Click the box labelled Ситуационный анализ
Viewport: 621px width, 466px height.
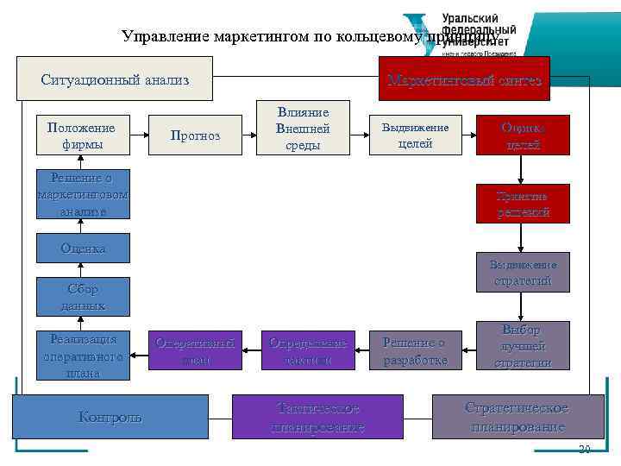point(115,79)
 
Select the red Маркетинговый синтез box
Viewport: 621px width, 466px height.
point(464,79)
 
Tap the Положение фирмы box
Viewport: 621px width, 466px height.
point(82,135)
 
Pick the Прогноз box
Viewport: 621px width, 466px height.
point(195,135)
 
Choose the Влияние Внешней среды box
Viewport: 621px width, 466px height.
point(303,129)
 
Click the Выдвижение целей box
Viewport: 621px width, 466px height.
point(415,135)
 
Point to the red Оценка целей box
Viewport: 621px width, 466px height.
point(523,135)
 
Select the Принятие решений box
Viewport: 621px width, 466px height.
point(523,204)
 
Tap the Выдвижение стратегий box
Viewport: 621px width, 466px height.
point(523,273)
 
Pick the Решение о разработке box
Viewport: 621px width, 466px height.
point(415,350)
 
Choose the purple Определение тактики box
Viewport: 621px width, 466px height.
point(308,350)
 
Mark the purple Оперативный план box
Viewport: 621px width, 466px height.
point(196,350)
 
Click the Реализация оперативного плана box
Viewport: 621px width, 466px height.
point(83,355)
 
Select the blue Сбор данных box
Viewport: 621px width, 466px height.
point(83,297)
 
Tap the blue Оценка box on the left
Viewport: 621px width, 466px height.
point(83,249)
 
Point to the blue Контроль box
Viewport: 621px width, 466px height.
point(110,416)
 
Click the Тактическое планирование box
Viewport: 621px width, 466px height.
point(317,416)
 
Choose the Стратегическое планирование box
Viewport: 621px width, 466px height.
point(517,416)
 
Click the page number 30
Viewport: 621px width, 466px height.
point(584,449)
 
